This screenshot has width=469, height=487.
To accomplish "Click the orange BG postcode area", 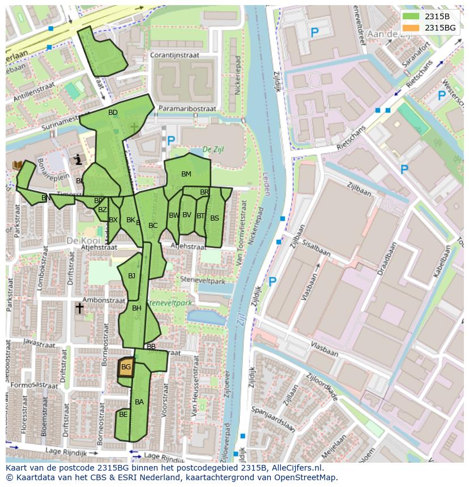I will coord(126,367).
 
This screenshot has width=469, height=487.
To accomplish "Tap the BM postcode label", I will coord(186,174).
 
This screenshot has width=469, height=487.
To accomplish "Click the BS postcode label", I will coord(215,218).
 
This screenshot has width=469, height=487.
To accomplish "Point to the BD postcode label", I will coord(113,113).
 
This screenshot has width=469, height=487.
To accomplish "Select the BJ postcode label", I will coord(131,276).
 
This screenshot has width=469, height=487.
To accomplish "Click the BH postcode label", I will coord(137,308).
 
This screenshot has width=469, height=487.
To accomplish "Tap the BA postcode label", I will coord(139,402).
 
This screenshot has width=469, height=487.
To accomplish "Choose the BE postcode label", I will coord(123,415).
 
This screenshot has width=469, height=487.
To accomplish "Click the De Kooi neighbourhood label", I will coord(79,240).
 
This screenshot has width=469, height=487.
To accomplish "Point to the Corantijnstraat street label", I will coord(175,55).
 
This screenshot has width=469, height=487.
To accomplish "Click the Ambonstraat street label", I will coord(102,300).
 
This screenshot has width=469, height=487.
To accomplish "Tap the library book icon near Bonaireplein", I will coord(18,165).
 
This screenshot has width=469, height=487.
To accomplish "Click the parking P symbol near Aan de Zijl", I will coord(314,33).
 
